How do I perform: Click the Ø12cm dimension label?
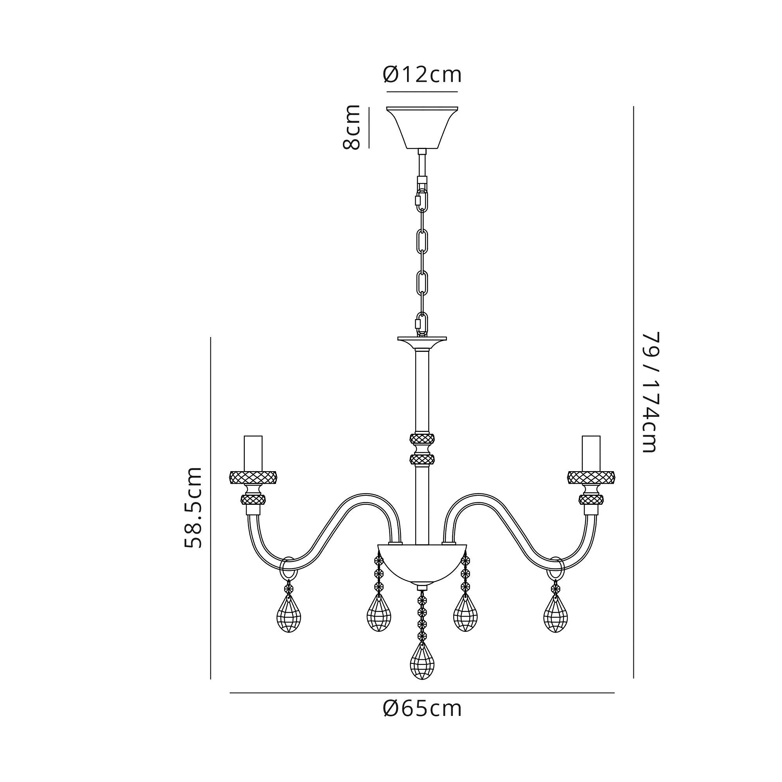point(422,75)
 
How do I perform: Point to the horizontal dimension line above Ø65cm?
point(422,693)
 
